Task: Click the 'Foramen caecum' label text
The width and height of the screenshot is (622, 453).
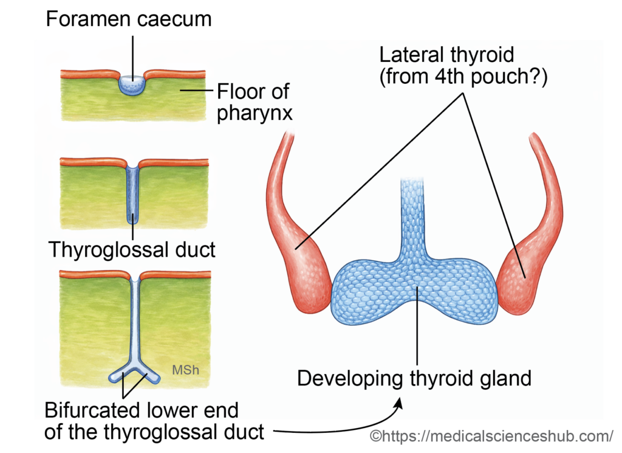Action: pos(129,19)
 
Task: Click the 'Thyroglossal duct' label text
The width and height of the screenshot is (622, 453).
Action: pos(131,249)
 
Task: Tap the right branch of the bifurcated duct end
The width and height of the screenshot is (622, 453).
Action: pos(148,375)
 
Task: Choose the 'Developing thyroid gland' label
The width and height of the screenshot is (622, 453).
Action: pos(414,378)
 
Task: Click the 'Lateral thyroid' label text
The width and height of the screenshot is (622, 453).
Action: pos(447,55)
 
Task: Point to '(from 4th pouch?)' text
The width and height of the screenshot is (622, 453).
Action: pos(463,78)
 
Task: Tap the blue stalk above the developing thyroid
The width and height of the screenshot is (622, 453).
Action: pos(417,213)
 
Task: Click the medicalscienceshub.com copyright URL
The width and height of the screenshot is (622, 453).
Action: pos(491,435)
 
